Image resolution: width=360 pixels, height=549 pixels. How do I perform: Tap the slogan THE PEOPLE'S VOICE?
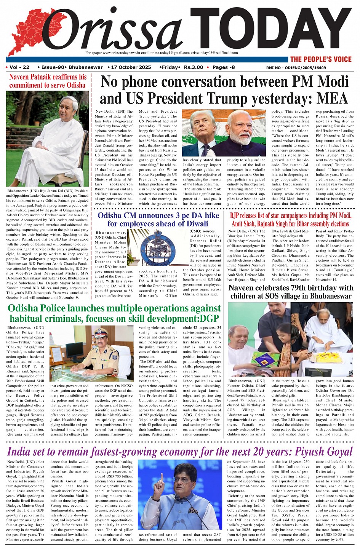pos(321,59)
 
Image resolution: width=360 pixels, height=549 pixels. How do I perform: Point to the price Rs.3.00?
pos(194,67)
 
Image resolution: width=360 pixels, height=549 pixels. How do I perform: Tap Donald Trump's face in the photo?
pos(203,128)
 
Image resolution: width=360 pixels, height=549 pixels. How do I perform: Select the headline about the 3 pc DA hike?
pos(158,220)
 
